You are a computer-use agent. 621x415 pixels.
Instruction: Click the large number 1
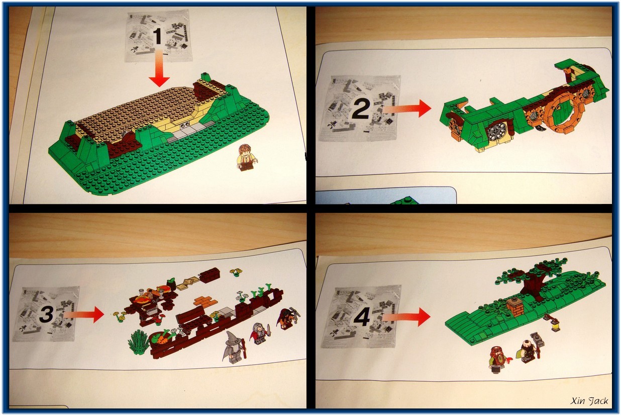pyautogui.click(x=158, y=36)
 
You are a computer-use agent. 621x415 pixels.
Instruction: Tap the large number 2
pyautogui.click(x=361, y=110)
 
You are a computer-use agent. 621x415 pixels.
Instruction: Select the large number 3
pyautogui.click(x=46, y=314)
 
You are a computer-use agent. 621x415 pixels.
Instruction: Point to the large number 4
pyautogui.click(x=362, y=317)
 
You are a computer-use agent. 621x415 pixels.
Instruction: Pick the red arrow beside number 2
pyautogui.click(x=406, y=109)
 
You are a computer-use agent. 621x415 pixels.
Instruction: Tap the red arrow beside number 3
pyautogui.click(x=83, y=315)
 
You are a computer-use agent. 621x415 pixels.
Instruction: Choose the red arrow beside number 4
pyautogui.click(x=406, y=317)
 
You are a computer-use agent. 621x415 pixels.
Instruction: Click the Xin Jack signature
pyautogui.click(x=589, y=400)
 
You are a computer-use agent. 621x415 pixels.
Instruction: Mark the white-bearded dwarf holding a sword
pyautogui.click(x=260, y=334)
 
